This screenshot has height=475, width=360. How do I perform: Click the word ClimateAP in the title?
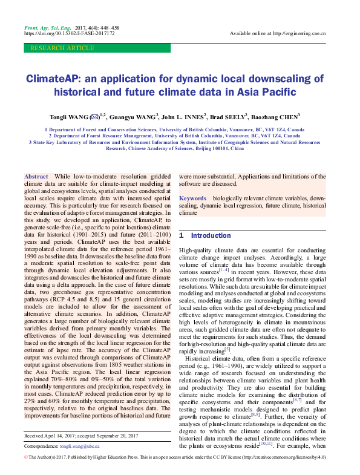tap(56, 79)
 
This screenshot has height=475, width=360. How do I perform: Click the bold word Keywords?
tap(192, 198)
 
